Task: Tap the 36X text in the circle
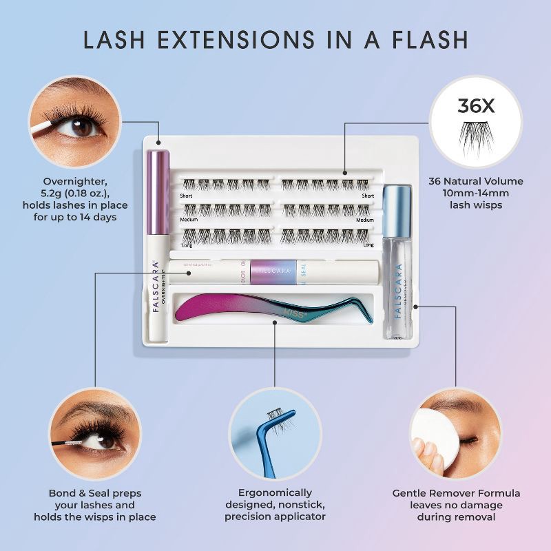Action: (475, 106)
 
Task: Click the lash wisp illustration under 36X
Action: (475, 132)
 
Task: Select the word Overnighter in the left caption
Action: (74, 181)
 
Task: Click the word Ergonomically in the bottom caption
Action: (275, 492)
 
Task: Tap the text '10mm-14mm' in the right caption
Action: (476, 193)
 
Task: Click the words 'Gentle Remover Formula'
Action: (456, 493)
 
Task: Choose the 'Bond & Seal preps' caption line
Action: (102, 493)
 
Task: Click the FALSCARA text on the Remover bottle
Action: (398, 289)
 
